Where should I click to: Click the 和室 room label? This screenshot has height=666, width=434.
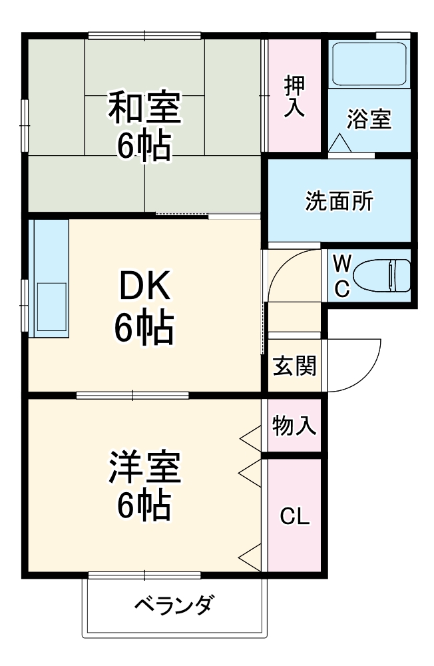point(144,109)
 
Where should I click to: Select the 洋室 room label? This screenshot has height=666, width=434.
point(144,468)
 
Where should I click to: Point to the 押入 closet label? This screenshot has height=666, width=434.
point(295,97)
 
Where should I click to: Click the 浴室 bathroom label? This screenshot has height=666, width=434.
point(369,119)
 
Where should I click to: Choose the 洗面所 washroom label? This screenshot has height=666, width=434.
point(339,201)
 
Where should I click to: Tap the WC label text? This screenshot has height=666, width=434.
point(341,275)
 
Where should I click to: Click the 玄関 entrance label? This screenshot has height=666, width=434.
point(294,366)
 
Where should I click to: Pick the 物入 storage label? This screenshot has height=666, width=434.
point(294,426)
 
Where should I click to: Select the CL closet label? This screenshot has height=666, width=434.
point(294,516)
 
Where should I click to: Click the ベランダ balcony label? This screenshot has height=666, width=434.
point(174,605)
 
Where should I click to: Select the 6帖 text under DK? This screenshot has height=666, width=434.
point(144,327)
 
